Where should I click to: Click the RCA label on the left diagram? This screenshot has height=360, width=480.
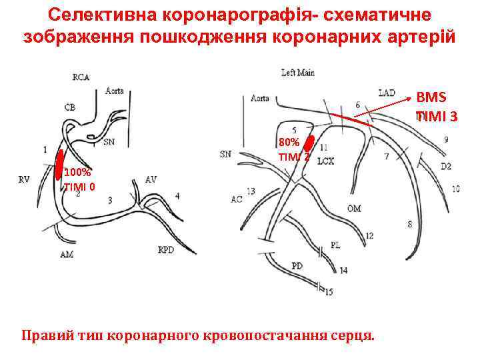[x=81, y=77]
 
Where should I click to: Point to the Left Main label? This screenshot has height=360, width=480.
[x=297, y=73]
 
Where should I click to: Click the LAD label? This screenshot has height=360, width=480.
[x=387, y=92]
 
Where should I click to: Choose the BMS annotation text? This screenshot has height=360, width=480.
[x=436, y=96]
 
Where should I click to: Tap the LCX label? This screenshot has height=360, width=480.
[x=325, y=161]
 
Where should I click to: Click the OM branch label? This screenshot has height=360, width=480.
[x=354, y=209]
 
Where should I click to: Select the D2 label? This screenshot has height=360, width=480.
[x=445, y=165]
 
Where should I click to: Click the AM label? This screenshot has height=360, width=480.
[x=67, y=255]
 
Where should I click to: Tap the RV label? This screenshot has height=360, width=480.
[x=25, y=179]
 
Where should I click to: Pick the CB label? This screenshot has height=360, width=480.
[x=70, y=107]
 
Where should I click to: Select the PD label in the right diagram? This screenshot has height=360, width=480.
[x=297, y=265]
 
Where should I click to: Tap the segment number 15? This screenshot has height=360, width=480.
[x=329, y=291]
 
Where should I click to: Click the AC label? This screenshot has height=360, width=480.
[x=237, y=199]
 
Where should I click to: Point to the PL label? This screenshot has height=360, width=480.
[x=335, y=245]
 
